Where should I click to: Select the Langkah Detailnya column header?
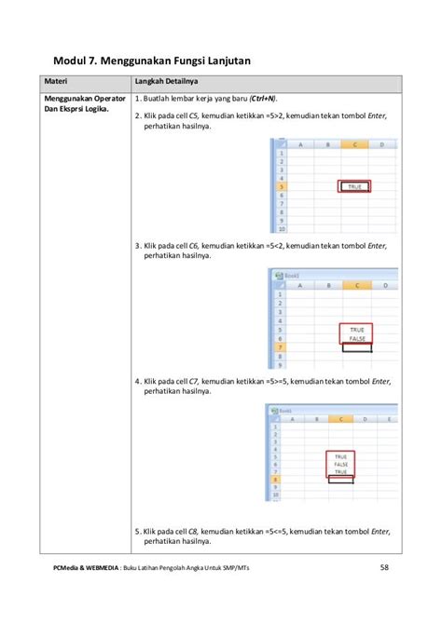[164, 83]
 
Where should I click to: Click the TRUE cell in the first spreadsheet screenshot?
[354, 187]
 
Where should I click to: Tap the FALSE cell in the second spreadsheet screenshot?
[354, 339]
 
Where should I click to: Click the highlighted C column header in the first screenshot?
[354, 145]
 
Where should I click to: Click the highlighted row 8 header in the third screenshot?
[275, 480]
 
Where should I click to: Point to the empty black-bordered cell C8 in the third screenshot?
[340, 480]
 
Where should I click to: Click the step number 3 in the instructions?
[136, 246]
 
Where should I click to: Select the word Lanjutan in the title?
[222, 61]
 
